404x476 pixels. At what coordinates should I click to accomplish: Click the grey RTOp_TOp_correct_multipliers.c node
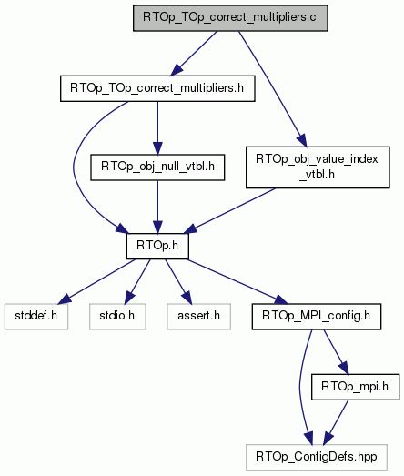click(x=230, y=18)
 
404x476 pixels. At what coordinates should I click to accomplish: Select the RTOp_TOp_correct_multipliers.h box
click(x=157, y=88)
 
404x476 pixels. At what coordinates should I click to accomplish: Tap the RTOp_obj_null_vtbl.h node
click(x=157, y=167)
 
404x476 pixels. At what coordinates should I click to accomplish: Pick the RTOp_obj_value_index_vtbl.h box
click(x=318, y=167)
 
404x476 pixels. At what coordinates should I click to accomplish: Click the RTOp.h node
click(x=157, y=247)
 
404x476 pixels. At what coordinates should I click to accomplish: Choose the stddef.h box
click(x=36, y=317)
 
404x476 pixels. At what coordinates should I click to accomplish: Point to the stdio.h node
click(x=117, y=317)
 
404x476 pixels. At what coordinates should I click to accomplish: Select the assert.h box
click(x=198, y=317)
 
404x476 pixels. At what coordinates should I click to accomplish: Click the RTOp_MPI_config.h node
click(x=317, y=317)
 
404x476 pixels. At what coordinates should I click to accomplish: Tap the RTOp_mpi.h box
click(x=355, y=387)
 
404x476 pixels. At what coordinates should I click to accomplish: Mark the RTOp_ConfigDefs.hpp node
click(x=317, y=458)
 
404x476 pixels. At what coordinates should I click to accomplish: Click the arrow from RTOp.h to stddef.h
click(x=96, y=281)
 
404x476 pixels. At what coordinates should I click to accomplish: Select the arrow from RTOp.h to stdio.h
click(x=137, y=281)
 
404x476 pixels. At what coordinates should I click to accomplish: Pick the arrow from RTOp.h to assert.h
click(x=178, y=281)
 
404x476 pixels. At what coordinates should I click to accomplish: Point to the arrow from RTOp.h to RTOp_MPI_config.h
click(x=237, y=281)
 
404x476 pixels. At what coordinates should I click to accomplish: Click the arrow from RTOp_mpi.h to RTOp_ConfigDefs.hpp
click(x=336, y=422)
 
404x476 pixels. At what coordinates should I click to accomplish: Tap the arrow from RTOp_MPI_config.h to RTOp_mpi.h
click(x=337, y=352)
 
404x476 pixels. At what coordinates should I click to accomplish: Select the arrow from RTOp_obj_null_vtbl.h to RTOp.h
click(x=157, y=207)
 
